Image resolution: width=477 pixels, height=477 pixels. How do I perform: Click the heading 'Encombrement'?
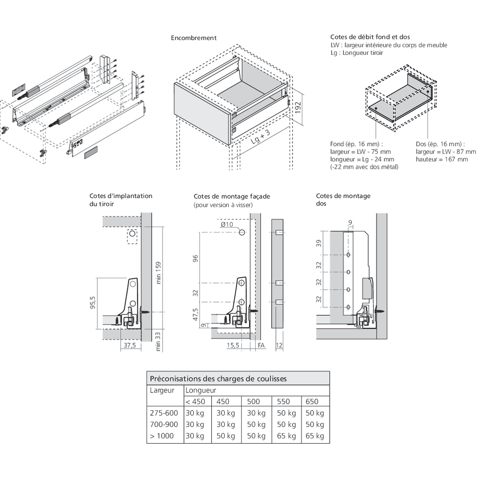[194, 38]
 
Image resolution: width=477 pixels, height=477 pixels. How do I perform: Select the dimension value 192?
[298, 107]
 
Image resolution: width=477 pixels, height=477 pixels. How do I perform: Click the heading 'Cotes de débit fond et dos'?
[370, 37]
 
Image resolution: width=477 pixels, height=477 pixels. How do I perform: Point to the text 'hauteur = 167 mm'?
[442, 159]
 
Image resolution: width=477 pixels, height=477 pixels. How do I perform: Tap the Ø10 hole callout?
[227, 224]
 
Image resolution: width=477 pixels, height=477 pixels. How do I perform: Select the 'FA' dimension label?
[261, 345]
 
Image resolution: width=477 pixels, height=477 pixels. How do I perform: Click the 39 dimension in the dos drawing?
[320, 243]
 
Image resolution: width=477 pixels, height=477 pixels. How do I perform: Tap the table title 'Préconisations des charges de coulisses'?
[218, 379]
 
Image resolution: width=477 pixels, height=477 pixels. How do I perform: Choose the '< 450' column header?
[195, 402]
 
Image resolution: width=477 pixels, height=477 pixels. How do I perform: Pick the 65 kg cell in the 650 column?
[314, 436]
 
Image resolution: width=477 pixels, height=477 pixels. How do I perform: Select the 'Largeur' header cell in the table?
[162, 390]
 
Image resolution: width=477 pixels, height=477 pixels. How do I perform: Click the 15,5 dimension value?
[233, 345]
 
